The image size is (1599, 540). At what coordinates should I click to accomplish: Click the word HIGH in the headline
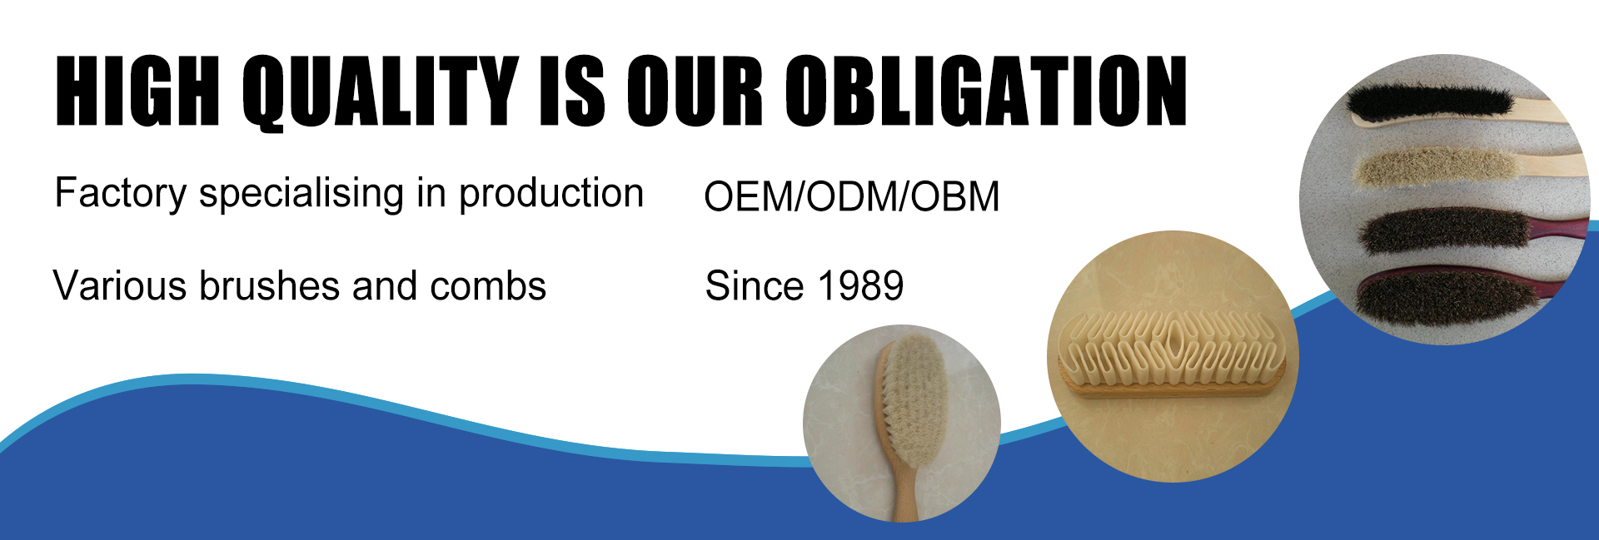tap(137, 91)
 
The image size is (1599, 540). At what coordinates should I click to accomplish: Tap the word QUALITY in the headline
tap(381, 92)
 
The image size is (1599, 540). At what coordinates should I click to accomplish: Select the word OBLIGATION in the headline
tap(986, 91)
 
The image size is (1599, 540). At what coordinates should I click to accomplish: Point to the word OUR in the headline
tap(695, 91)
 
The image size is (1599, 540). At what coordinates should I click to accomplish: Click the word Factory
tap(121, 194)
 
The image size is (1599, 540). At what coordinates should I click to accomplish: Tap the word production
tap(551, 194)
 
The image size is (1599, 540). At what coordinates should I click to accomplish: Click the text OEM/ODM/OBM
tap(851, 197)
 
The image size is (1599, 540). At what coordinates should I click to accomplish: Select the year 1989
tap(861, 286)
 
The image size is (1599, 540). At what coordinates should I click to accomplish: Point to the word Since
tap(754, 286)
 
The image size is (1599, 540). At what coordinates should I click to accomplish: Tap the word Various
tap(120, 286)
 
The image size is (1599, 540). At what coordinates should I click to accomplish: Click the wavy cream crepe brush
tap(1172, 354)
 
